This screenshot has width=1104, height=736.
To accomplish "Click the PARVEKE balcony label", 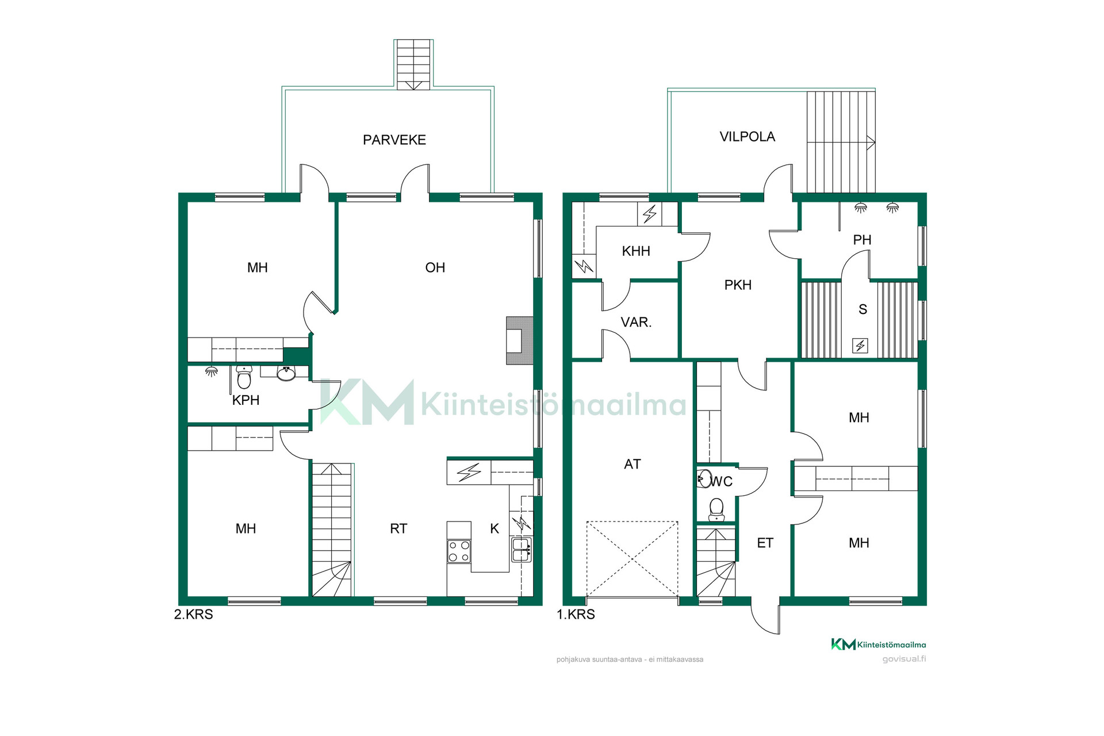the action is [394, 140].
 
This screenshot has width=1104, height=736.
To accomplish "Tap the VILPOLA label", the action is [747, 136].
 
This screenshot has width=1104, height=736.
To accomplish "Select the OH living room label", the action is [435, 267].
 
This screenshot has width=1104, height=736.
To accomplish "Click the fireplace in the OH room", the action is [520, 340].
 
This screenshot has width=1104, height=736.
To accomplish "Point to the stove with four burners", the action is [459, 551].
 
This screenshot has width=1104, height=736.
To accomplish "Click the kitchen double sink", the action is [522, 550].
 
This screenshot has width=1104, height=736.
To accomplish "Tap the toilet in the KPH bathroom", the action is [244, 377].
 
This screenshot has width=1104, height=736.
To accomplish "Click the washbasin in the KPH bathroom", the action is [286, 373].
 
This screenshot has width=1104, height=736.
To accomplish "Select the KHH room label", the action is [636, 251].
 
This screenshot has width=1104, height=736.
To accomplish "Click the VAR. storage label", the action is [636, 322].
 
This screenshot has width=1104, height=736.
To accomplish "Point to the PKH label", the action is [738, 285].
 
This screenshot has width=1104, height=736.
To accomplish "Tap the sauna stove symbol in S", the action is [860, 346].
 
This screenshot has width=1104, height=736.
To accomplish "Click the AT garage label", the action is [632, 464].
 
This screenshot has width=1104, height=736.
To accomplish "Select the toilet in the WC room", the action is [716, 509].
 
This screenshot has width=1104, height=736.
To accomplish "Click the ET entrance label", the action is [765, 543].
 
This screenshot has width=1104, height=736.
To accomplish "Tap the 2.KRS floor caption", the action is [194, 614].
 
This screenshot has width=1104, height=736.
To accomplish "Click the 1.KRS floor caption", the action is [576, 614].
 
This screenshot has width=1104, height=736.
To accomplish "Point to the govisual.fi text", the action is [904, 659].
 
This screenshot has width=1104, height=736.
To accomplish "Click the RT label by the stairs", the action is [398, 529].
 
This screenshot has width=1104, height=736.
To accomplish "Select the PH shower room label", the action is [862, 240].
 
